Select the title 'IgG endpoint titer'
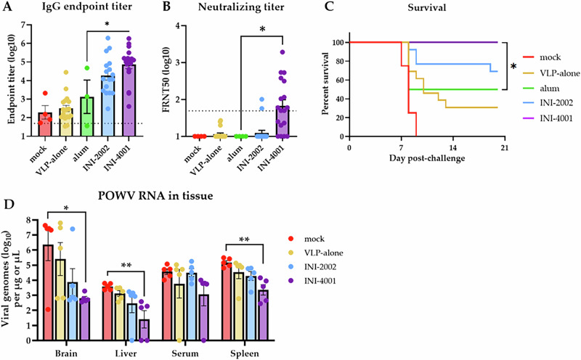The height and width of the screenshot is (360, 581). (85, 9)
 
